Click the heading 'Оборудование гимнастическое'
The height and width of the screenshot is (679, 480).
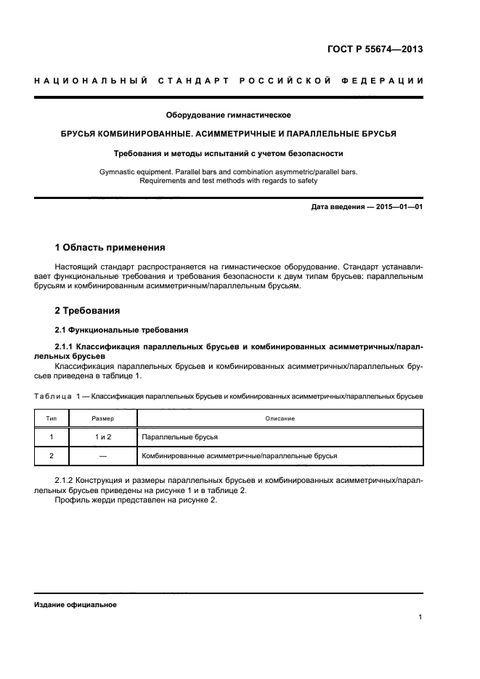[x=229, y=115]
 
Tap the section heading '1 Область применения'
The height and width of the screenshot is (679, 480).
[x=110, y=247]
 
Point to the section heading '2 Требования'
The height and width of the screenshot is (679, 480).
[x=88, y=310]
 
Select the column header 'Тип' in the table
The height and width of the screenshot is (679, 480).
[x=52, y=418]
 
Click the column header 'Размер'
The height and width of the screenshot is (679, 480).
[x=102, y=418]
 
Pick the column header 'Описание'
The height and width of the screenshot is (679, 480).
[x=280, y=418]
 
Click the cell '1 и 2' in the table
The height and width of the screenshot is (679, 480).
[x=102, y=437]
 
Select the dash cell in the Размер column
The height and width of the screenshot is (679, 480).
[x=102, y=455]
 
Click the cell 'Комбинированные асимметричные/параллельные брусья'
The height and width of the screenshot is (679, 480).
[x=239, y=455]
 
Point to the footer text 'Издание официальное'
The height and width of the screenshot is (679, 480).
[x=76, y=604]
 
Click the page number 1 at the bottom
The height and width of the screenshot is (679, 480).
[x=420, y=618]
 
